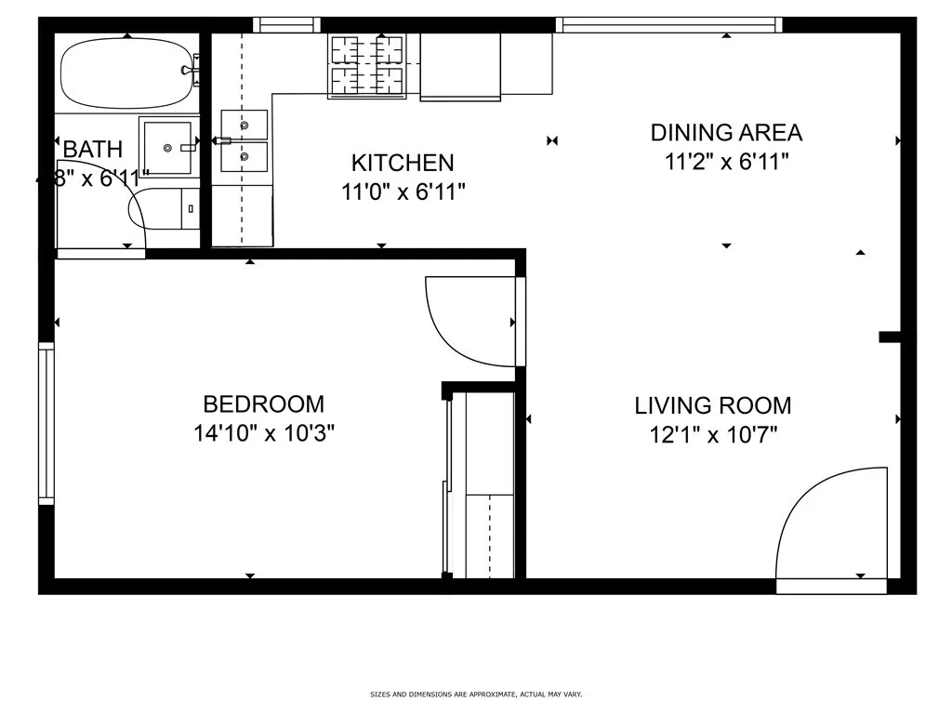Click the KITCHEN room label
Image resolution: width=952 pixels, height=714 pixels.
[x=402, y=163]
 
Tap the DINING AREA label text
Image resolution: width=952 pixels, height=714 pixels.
[x=725, y=133]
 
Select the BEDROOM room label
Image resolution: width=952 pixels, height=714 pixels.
[x=263, y=404]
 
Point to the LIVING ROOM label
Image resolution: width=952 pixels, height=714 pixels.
[x=712, y=405]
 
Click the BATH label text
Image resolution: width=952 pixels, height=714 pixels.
[x=92, y=149]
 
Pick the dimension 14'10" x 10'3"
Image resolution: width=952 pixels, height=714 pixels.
[x=263, y=433]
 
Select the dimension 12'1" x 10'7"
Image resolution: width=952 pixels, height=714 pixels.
[x=712, y=434]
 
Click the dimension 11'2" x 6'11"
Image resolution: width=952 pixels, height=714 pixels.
[x=725, y=162]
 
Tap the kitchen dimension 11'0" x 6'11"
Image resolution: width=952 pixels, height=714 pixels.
[x=402, y=192]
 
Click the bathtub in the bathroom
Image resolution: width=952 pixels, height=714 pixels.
[x=128, y=73]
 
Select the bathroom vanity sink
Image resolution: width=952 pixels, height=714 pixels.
[x=167, y=147]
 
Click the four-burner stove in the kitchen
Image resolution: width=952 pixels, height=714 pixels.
[x=367, y=65]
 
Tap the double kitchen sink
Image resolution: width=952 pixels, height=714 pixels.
[x=245, y=141]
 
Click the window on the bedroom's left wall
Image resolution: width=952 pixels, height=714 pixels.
[x=46, y=423]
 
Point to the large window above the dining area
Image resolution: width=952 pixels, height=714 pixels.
[x=668, y=24]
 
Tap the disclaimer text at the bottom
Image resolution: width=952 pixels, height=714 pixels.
[x=475, y=694]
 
